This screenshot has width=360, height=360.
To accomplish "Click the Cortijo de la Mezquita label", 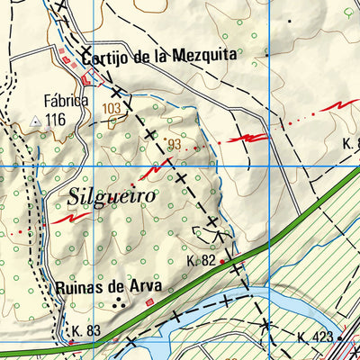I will coord(157,56).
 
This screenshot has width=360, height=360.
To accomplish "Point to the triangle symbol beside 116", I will coord(35,119).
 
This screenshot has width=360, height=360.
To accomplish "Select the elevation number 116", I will coord(56,119).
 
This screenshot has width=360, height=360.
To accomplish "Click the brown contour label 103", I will coord(112,108).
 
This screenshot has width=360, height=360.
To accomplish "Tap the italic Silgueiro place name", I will coord(112,194).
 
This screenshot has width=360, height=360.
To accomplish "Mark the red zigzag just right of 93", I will coord(247,138).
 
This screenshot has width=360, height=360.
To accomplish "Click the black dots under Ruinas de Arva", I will coord(118,305).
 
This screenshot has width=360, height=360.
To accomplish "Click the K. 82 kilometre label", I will coord(202,260).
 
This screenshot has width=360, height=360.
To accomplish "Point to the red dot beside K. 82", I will coord(221,263).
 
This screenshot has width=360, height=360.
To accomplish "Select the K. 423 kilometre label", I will coord(316,338).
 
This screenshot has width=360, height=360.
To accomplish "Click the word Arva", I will coord(145,288).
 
